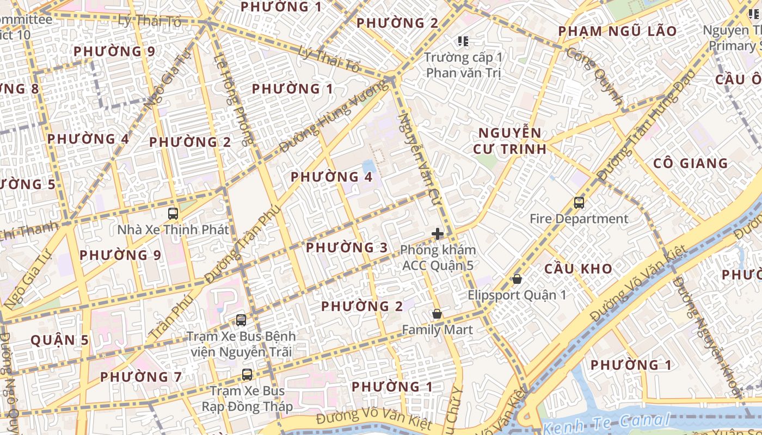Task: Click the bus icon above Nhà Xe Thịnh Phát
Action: [x=173, y=214]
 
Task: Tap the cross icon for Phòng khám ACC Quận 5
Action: [x=438, y=234]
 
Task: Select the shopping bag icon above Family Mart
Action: [x=437, y=314]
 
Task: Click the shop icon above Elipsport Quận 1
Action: [x=517, y=279]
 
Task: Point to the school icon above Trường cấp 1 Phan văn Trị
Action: [x=463, y=41]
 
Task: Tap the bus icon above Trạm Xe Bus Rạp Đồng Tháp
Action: [x=247, y=375]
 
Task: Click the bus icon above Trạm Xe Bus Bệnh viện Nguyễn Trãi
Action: [x=241, y=320]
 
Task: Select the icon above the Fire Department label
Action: [x=579, y=203]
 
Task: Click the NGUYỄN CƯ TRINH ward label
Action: [x=509, y=141]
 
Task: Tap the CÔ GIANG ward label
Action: [x=690, y=163]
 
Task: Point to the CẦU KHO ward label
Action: [x=578, y=269]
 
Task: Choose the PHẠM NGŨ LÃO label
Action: [x=617, y=31]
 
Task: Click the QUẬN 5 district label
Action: [x=59, y=340]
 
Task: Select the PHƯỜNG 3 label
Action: [x=347, y=248]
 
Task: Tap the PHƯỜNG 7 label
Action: [x=140, y=377]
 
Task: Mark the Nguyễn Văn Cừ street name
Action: [x=419, y=154]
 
